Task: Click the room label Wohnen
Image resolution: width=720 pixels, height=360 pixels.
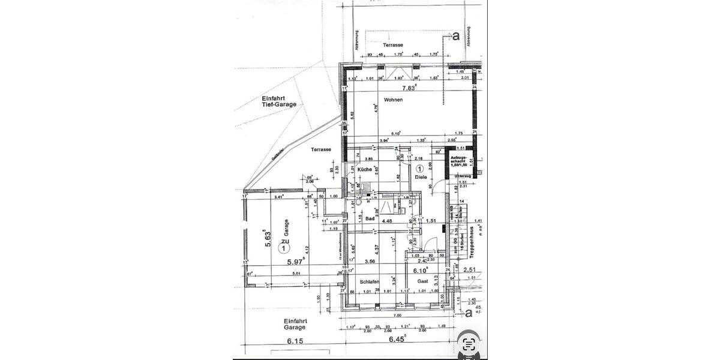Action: tap(394, 100)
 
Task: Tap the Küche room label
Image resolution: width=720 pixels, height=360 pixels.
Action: tap(365, 170)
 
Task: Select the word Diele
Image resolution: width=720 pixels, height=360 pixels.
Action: tap(419, 178)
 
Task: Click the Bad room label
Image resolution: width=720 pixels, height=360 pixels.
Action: tap(370, 219)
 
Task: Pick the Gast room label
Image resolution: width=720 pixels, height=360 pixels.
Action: tap(422, 280)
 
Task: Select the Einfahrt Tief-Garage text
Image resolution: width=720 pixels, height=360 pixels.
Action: tap(279, 101)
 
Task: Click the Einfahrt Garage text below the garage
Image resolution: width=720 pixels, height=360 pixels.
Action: tap(295, 325)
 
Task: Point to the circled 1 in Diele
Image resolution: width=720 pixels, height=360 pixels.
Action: tap(419, 169)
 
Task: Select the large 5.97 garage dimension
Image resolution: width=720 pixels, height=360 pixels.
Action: tap(296, 261)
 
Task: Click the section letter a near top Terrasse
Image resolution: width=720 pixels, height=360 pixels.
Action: tap(456, 36)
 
